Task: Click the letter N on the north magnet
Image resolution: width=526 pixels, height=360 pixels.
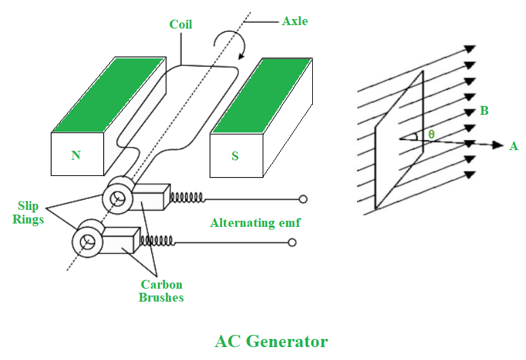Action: [x=76, y=156]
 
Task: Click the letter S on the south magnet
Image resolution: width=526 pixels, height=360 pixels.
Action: [x=235, y=156]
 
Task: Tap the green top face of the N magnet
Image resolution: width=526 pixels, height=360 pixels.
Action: [x=109, y=94]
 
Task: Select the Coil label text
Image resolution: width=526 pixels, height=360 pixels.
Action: [x=181, y=24]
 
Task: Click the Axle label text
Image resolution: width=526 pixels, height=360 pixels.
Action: [x=295, y=21]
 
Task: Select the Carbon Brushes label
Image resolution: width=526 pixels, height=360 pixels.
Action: [x=161, y=291]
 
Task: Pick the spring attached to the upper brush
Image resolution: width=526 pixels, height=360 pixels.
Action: [x=187, y=198]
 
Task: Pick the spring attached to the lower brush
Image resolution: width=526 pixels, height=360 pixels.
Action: [x=157, y=241]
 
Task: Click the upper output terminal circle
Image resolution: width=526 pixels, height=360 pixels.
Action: [x=303, y=199]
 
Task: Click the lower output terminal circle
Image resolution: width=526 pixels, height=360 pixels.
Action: [x=293, y=242]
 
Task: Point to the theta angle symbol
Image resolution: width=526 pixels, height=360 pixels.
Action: [x=431, y=134]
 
